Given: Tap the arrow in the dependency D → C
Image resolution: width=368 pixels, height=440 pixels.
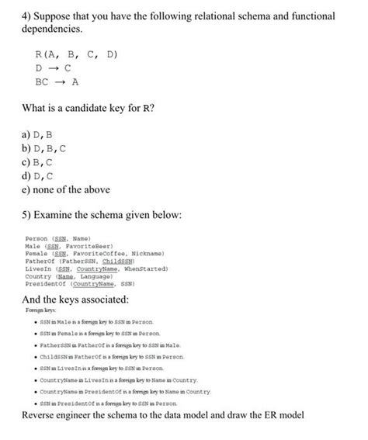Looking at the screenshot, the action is point(63,68).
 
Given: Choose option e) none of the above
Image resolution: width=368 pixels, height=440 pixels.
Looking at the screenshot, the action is point(66,189).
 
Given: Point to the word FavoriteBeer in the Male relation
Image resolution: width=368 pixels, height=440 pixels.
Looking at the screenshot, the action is point(90,246).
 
